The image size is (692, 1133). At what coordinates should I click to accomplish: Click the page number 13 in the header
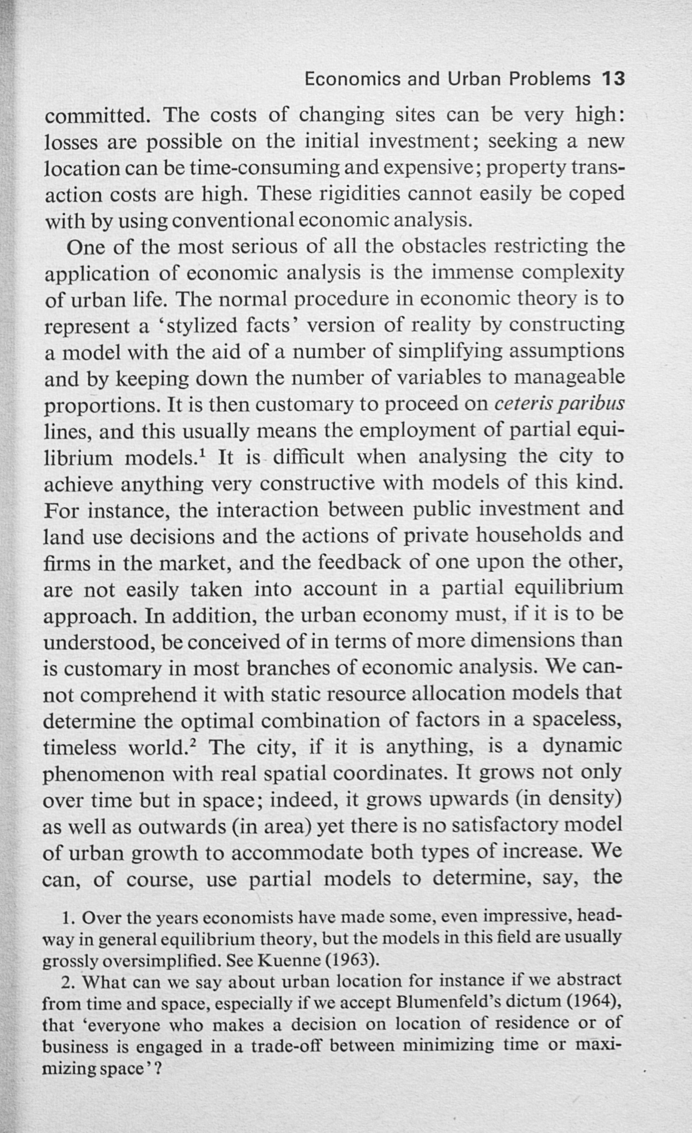(x=612, y=78)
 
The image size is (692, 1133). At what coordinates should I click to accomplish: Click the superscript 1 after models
(x=202, y=453)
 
